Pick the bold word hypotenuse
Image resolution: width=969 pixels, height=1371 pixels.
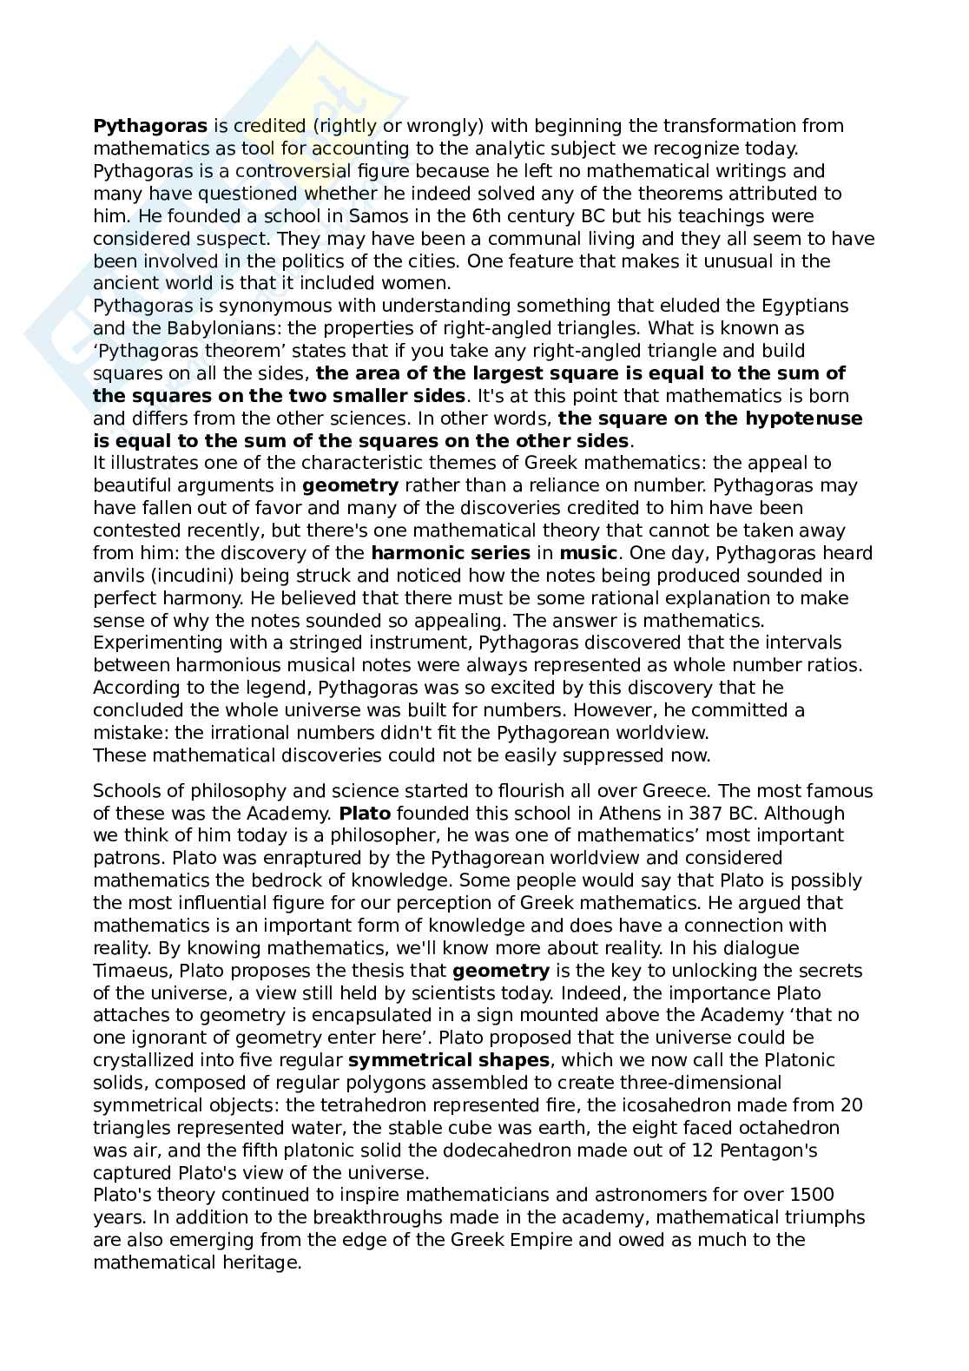coord(804,419)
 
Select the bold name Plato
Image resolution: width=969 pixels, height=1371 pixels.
coord(365,814)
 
